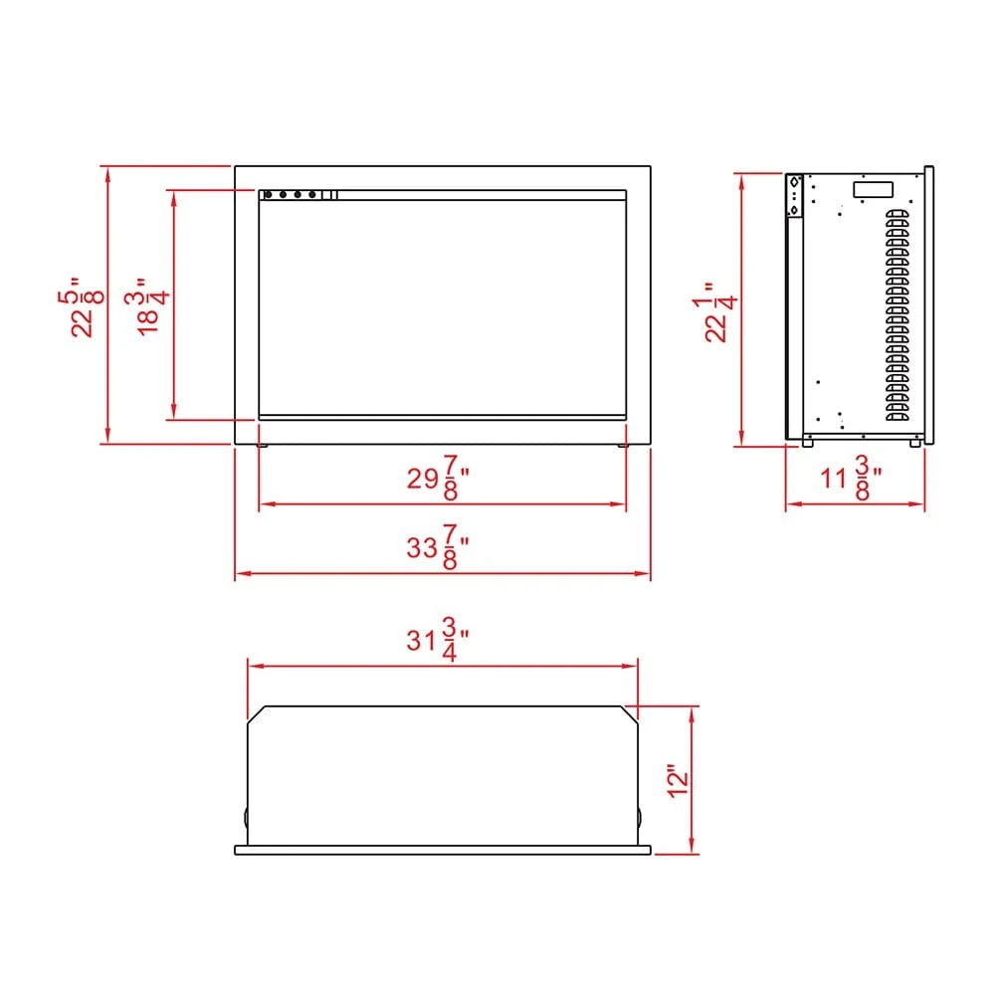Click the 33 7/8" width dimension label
(439, 550)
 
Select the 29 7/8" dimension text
(439, 481)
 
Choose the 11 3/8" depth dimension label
(855, 481)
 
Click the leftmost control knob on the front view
(268, 195)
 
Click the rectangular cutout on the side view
(871, 189)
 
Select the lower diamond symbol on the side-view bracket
(794, 208)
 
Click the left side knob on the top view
(246, 817)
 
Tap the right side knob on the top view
(639, 817)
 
